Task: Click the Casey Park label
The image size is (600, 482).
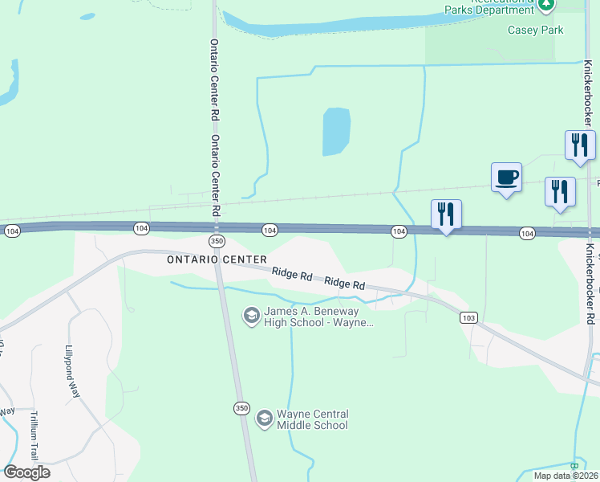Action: point(536,31)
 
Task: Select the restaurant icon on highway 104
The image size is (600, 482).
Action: point(447,214)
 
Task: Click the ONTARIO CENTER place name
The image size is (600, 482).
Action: point(217,259)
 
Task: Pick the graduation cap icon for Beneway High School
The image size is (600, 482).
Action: point(252,316)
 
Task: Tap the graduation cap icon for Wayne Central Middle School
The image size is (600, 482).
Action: point(264,419)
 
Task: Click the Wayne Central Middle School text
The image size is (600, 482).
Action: point(312,420)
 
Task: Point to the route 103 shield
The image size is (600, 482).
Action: point(469,318)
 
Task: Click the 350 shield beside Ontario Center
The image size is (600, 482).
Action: point(217,241)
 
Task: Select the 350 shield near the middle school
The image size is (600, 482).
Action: point(241,408)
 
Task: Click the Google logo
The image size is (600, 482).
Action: point(27,472)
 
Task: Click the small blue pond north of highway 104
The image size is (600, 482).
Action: point(336,131)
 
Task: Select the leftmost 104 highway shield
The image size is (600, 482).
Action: point(12,231)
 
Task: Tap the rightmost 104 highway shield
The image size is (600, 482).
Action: point(526,233)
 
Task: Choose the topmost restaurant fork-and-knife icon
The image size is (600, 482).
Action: point(580,145)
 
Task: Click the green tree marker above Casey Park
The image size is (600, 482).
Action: point(546,5)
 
